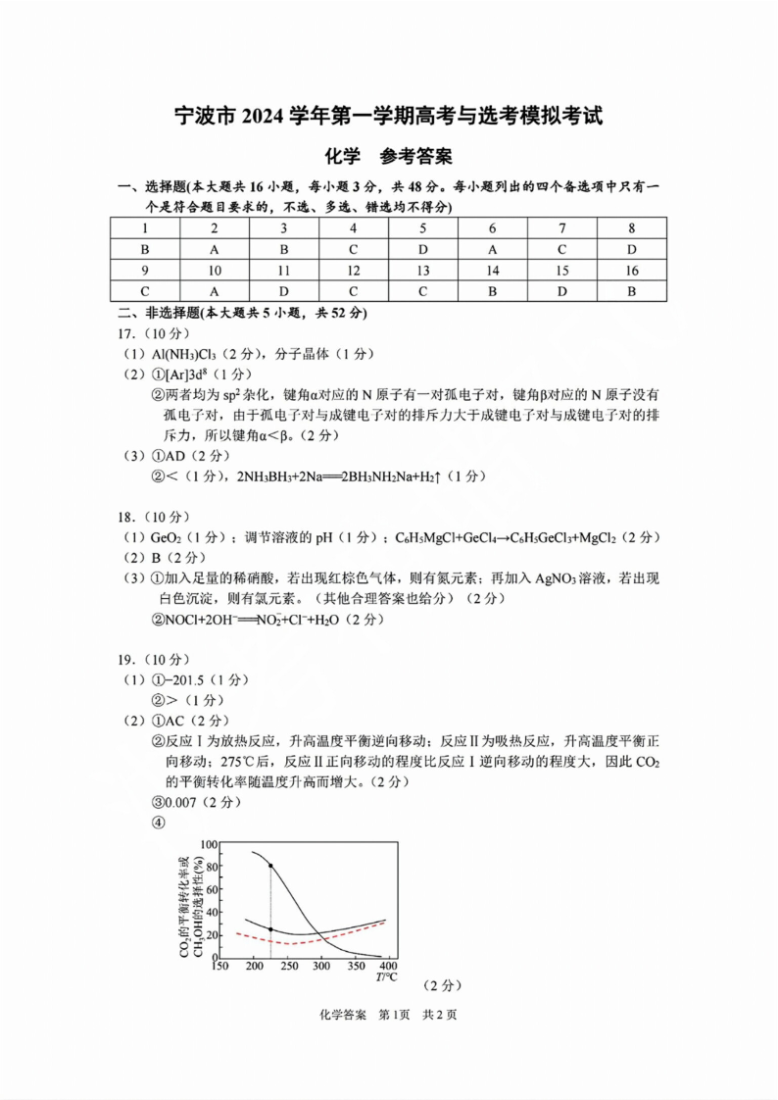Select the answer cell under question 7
point(562,249)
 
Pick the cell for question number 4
point(354,228)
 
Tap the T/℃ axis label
point(386,978)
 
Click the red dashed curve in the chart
point(294,939)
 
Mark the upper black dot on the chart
point(270,866)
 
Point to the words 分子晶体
point(284,354)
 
